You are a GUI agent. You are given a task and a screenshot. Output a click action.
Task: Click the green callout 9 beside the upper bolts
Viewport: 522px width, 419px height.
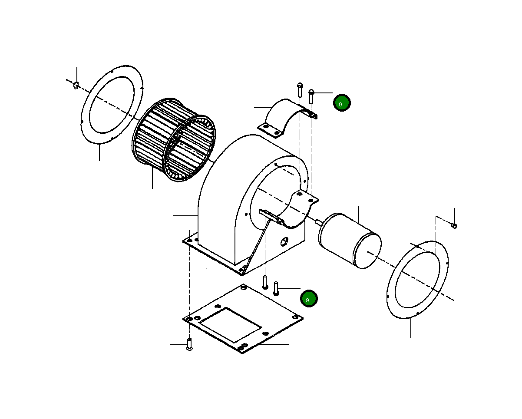point(342,103)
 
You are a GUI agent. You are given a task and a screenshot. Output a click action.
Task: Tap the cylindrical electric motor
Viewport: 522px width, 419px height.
point(350,240)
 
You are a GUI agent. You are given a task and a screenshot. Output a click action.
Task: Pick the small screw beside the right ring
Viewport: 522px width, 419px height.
point(454,225)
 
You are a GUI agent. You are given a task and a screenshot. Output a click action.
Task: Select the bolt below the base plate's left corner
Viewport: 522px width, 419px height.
point(189,345)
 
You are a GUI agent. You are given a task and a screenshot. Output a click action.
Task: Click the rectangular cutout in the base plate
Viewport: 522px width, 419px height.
point(230,324)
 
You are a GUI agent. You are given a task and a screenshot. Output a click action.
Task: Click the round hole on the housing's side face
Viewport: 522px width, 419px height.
point(284,241)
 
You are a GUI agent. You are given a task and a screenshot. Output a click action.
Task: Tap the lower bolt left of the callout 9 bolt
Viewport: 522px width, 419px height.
point(265,282)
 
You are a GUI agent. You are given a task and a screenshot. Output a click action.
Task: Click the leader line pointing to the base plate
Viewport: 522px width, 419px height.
point(274,344)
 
